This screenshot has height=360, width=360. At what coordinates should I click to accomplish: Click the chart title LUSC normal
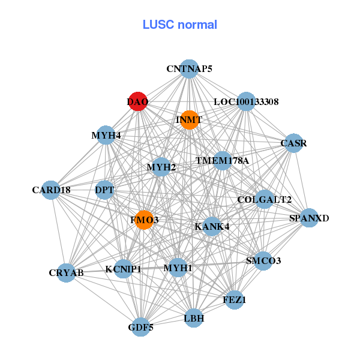coord(180,25)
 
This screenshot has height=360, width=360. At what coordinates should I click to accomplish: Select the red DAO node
coord(138,101)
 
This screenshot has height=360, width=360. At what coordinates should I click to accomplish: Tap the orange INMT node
coord(189,120)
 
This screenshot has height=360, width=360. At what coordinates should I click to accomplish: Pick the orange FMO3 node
coord(144,220)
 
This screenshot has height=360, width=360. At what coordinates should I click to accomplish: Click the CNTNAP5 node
coord(189,69)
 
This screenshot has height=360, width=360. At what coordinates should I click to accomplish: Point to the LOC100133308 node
coord(246,101)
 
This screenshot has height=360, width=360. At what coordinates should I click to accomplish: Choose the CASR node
coord(293,143)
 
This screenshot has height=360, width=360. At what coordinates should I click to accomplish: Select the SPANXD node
coord(308,218)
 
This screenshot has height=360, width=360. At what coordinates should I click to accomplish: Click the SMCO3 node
coord(263,261)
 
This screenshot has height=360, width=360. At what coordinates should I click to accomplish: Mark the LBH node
coord(194,318)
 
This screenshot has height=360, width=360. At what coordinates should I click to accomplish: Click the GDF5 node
coord(140,327)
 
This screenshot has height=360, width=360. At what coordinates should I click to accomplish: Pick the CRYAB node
coord(66,273)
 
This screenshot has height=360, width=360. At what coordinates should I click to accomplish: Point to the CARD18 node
coord(52,190)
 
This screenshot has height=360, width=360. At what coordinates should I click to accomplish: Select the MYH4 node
coord(106,136)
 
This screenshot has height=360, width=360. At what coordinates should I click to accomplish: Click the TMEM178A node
coord(222,161)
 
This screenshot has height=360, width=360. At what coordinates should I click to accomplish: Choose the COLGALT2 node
coord(264,199)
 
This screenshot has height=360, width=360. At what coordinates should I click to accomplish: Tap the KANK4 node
coord(212,227)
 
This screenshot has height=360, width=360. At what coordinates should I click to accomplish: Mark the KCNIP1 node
coord(123,269)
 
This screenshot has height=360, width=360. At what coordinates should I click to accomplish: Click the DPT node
coord(104,191)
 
